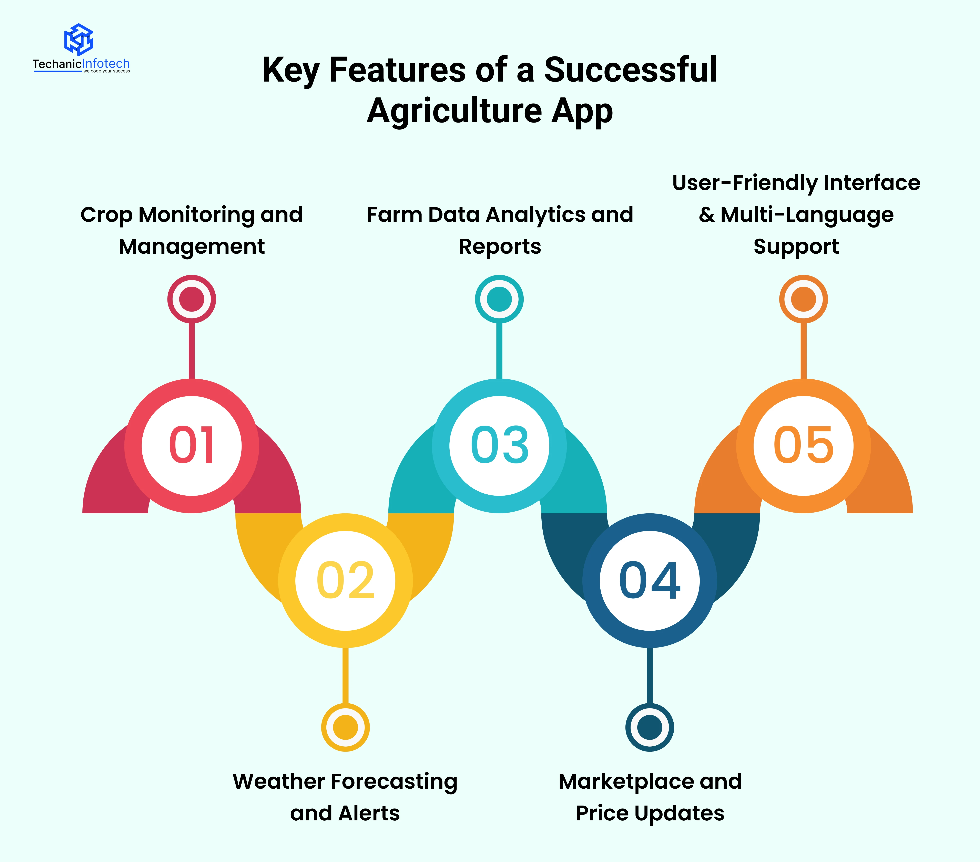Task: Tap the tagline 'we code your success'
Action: click(106, 71)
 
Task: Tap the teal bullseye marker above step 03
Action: click(499, 299)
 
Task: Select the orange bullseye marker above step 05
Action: click(804, 299)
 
